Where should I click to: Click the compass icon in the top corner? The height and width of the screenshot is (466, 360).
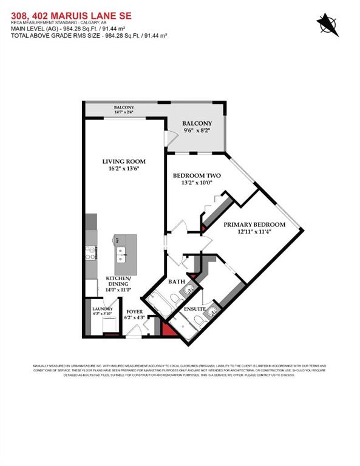(327, 24)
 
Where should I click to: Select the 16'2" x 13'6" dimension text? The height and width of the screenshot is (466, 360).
(121, 169)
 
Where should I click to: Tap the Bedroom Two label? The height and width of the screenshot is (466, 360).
(194, 176)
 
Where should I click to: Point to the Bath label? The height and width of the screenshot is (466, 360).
(176, 282)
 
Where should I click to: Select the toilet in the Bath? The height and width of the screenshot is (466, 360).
(174, 299)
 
